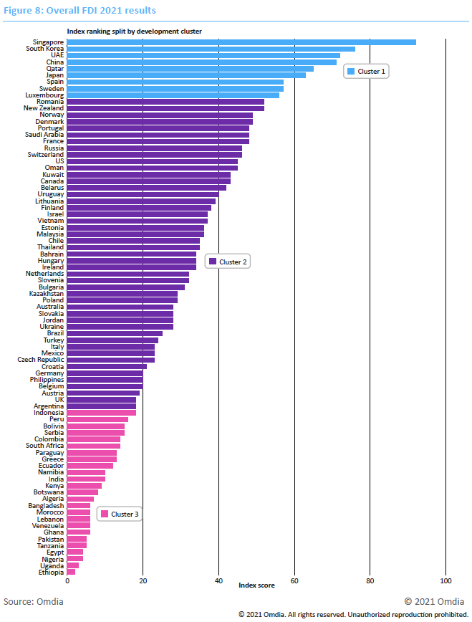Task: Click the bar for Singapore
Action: [x=241, y=42]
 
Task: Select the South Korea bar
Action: [x=211, y=49]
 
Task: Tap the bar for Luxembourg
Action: [x=173, y=95]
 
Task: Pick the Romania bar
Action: [x=165, y=102]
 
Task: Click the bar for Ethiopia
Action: [x=71, y=572]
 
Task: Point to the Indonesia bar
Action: [x=102, y=413]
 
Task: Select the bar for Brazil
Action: [x=115, y=333]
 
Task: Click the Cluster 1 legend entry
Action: [x=367, y=72]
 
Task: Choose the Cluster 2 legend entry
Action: [x=228, y=262]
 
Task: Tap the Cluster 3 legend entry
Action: [x=120, y=514]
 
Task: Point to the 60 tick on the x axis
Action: [x=294, y=581]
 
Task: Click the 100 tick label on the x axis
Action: [x=445, y=581]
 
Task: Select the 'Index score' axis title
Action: [x=256, y=585]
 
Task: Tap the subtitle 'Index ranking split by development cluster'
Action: [x=134, y=32]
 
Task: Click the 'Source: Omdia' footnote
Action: [x=34, y=601]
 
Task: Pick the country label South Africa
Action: [x=45, y=446]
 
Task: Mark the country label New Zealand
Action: [x=44, y=108]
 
